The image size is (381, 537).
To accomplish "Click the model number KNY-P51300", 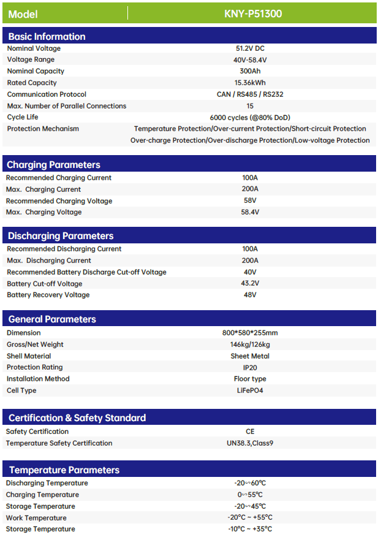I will pos(253,13).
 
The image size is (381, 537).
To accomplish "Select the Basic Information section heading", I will pos(47,36).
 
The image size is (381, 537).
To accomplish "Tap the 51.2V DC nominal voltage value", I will pos(250,48).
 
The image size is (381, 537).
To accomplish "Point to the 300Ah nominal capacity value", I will pos(250,71).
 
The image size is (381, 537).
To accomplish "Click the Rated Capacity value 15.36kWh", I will pos(250,83).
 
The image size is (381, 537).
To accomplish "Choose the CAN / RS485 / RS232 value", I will pos(250,94).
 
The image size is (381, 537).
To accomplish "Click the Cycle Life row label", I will pos(23,117).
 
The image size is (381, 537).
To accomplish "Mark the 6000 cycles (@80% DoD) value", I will pos(250,117).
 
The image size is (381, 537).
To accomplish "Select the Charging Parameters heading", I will pos(53,164).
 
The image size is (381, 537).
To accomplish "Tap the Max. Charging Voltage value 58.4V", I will pos(250,212).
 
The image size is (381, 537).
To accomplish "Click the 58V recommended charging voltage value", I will pos(250,201).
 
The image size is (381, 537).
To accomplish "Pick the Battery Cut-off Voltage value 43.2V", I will pos(250,284).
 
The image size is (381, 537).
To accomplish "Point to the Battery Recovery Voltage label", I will pos(48,295).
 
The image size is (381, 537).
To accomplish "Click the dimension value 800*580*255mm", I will pos(250,333).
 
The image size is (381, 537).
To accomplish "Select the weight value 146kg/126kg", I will pos(250,345).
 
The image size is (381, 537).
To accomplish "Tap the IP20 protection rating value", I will pos(250,367).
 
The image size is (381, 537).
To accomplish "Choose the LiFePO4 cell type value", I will pos(250,390).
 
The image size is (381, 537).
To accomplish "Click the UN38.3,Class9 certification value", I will pos(250,443).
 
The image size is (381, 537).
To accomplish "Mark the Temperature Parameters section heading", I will pos(64,470).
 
